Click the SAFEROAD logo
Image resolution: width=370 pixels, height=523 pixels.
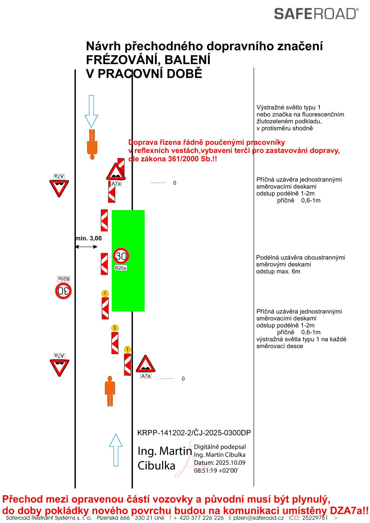[316, 14]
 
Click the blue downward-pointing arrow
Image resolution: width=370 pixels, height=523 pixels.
[91, 111]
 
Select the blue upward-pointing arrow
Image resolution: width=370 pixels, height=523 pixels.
[116, 450]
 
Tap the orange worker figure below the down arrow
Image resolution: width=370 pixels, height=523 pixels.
[92, 144]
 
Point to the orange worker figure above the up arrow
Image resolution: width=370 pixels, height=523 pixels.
[110, 391]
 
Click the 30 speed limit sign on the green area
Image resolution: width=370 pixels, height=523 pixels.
[121, 256]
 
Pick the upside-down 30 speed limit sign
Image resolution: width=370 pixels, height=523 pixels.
[63, 291]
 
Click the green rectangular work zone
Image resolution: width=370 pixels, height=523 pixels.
[128, 260]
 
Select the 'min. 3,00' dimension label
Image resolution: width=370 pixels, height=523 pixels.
[88, 238]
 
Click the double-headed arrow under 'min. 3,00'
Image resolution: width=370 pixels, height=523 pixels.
[86, 247]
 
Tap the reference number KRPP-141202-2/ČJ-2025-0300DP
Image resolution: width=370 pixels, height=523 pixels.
[194, 433]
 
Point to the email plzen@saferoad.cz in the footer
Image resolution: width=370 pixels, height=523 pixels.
[258, 518]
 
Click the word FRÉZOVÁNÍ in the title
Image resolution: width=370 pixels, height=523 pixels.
[121, 60]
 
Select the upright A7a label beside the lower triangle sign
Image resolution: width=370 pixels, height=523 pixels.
[146, 376]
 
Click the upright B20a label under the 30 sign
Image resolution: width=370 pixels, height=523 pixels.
[121, 268]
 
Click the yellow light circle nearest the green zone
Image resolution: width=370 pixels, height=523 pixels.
[105, 293]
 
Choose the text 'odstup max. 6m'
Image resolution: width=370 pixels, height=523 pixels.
[278, 272]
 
